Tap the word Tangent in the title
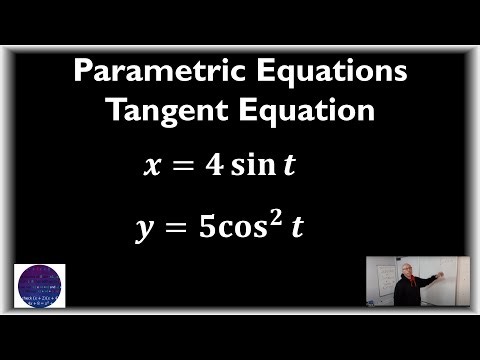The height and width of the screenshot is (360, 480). [x=164, y=110]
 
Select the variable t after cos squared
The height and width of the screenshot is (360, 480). [x=296, y=227]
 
